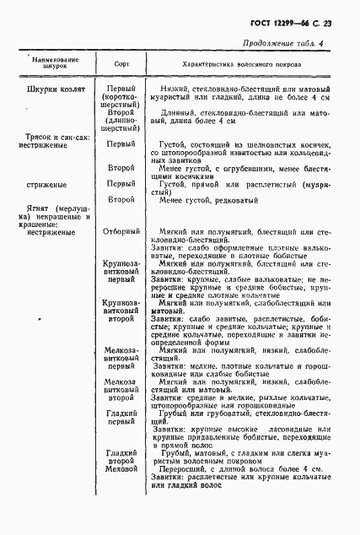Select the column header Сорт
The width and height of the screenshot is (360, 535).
tap(121, 65)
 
